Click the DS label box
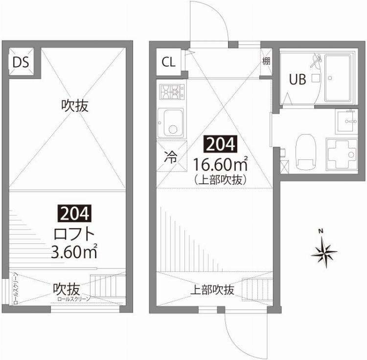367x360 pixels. [21, 62]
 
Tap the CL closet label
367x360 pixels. [168, 62]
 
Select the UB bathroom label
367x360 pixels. [298, 79]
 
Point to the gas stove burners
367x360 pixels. [171, 91]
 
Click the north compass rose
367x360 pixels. [324, 252]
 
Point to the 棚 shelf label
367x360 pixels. [266, 61]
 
